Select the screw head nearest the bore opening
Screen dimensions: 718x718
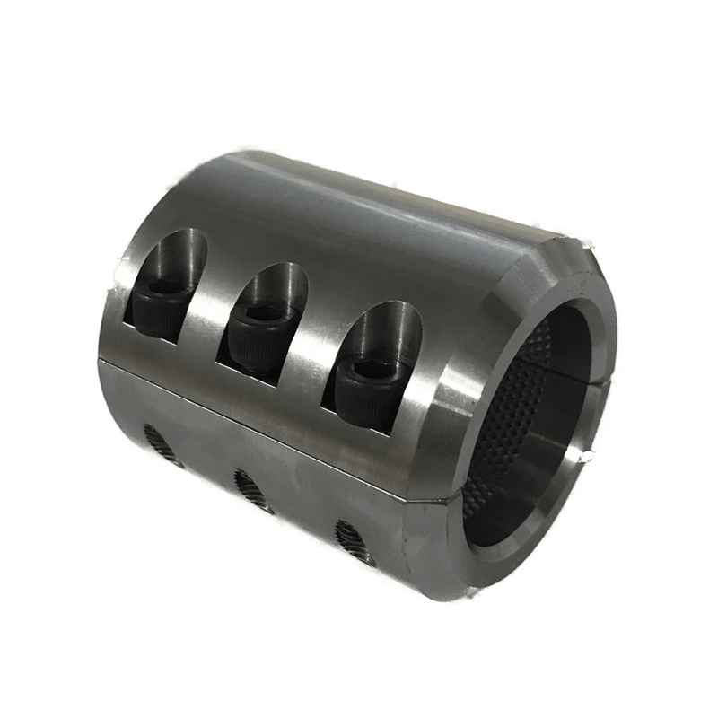pyautogui.click(x=368, y=381)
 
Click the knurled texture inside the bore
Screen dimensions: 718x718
pyautogui.click(x=521, y=395)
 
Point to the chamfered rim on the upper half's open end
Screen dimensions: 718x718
pyautogui.click(x=512, y=287)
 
